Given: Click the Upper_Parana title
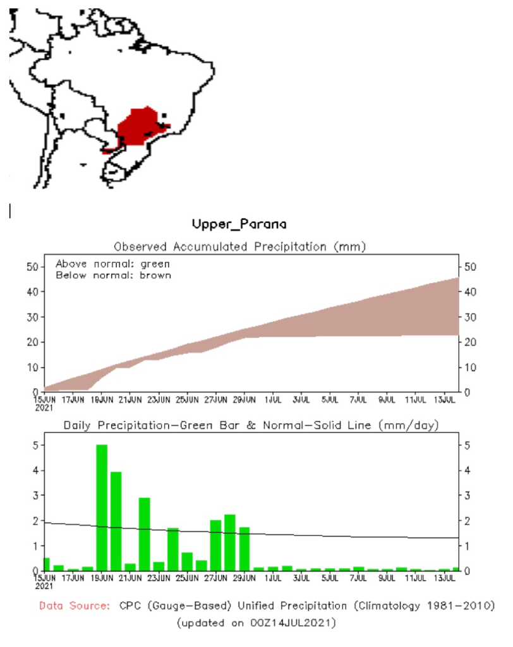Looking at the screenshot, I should pyautogui.click(x=239, y=224).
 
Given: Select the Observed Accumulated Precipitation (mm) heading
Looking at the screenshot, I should pyautogui.click(x=239, y=245).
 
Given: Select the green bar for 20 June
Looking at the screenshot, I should pyautogui.click(x=116, y=521).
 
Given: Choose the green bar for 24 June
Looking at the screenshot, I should pyautogui.click(x=173, y=548).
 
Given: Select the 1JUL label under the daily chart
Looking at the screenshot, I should pyautogui.click(x=273, y=577).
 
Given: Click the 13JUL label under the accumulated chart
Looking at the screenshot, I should pyautogui.click(x=444, y=400).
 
